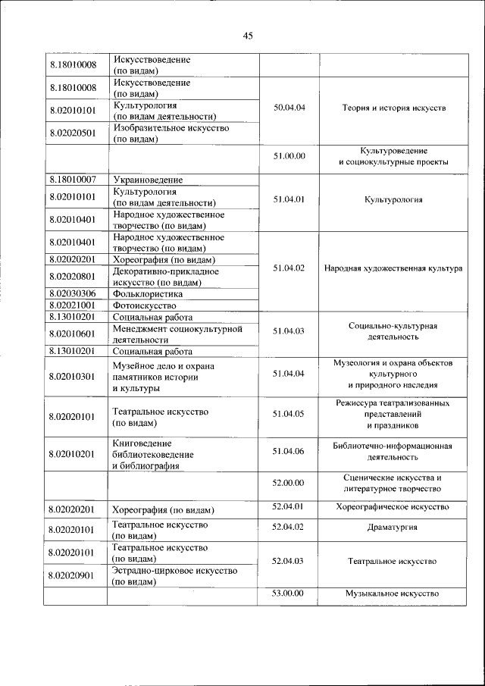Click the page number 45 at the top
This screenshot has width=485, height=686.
pos(248,36)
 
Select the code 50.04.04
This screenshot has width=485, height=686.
pos(289,108)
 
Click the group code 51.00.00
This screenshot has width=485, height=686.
pos(289,156)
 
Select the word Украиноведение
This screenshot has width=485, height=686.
pos(149,180)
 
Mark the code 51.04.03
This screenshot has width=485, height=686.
pos(289,330)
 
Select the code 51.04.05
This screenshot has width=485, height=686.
pos(289,414)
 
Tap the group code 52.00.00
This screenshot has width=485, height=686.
pos(289,482)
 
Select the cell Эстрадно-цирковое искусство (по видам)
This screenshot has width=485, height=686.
pos(174,576)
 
